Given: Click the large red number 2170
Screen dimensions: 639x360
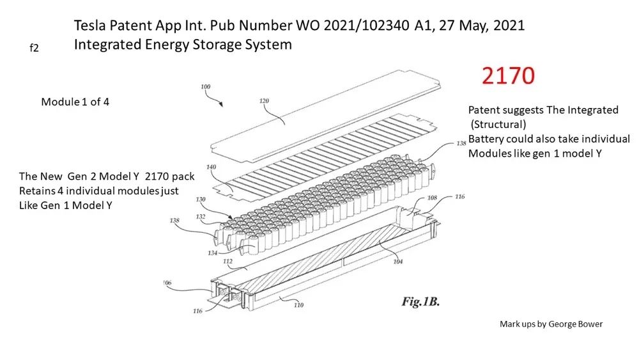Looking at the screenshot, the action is pos(508,75).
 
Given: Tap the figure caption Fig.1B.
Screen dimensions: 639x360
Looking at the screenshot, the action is pos(420,302).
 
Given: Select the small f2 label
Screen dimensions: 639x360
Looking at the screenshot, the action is pos(35,48).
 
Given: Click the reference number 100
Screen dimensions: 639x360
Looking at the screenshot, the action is pos(205,86).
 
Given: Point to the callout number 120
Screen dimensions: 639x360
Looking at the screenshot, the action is pos(264,100).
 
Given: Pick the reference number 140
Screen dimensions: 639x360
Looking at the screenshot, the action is pos(211,167).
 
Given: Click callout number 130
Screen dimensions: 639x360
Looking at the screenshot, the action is pos(201,200).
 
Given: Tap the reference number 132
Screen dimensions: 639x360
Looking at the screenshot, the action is pos(201,217).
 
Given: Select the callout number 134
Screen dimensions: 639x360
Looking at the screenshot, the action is pos(212,253).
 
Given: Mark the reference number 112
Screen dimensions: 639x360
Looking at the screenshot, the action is pos(227,262).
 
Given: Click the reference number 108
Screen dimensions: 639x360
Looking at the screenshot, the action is pos(432,198).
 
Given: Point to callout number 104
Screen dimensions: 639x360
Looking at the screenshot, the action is pos(397,262).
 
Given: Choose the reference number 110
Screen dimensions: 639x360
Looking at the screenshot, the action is pos(298,305).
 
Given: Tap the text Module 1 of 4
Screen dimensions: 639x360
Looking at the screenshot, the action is pos(75,102).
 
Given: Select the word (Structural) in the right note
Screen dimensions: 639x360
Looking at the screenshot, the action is pos(498,124).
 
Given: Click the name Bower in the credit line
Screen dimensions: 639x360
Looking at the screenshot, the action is pos(590,324).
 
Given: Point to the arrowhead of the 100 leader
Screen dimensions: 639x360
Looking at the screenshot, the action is pos(222,104).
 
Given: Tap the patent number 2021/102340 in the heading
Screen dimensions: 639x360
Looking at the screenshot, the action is pos(366,26).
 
